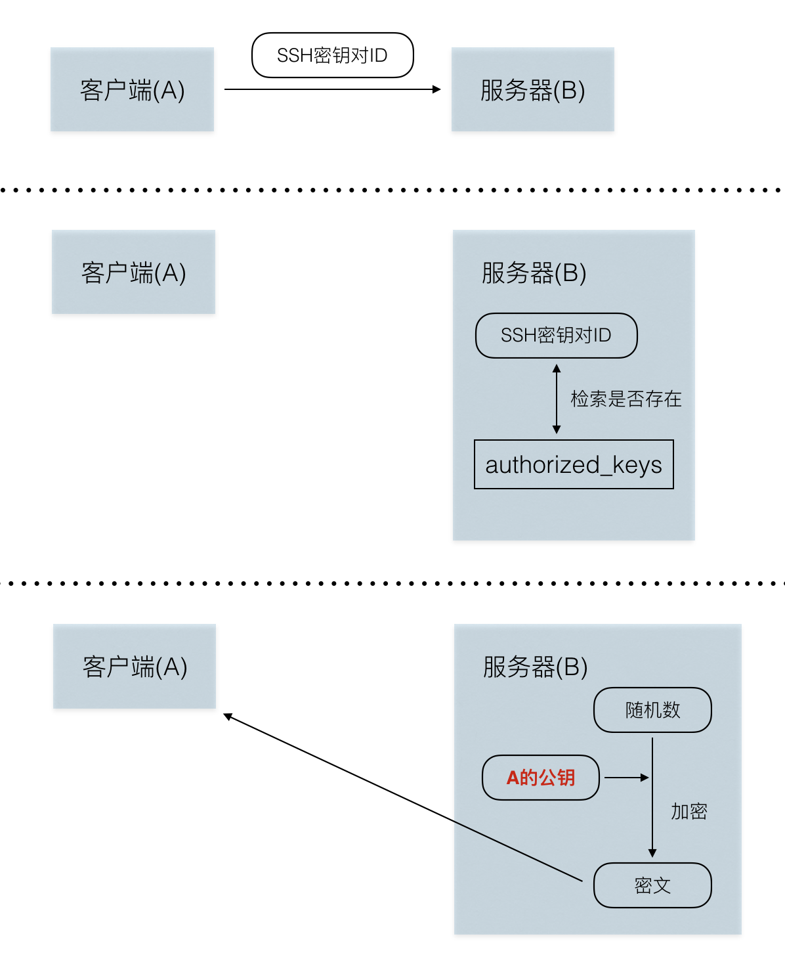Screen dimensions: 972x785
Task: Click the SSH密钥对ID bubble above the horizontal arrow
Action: pyautogui.click(x=332, y=55)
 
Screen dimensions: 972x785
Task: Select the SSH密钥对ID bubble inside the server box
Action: pyautogui.click(x=556, y=336)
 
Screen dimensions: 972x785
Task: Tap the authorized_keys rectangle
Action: pyautogui.click(x=574, y=464)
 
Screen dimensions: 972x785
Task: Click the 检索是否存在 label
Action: pyautogui.click(x=626, y=399)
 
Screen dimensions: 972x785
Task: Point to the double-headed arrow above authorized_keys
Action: pyautogui.click(x=557, y=399)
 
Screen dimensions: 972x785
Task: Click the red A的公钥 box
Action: pyautogui.click(x=541, y=778)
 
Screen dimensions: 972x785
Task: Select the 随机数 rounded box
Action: pyautogui.click(x=652, y=710)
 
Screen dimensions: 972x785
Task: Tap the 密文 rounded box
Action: pyautogui.click(x=652, y=885)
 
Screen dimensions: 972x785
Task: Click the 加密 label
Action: pyautogui.click(x=689, y=812)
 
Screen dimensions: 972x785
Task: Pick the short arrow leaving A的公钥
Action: pyautogui.click(x=626, y=778)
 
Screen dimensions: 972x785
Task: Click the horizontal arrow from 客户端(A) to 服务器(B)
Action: pyautogui.click(x=332, y=89)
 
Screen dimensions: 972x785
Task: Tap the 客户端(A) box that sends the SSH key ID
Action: pyautogui.click(x=132, y=89)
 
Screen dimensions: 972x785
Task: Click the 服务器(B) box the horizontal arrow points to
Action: pyautogui.click(x=532, y=89)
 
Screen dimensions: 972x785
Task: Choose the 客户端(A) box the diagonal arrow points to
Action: pyautogui.click(x=135, y=666)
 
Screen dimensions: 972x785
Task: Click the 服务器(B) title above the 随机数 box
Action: pyautogui.click(x=535, y=667)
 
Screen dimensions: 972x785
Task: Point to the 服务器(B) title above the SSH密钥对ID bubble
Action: pyautogui.click(x=534, y=273)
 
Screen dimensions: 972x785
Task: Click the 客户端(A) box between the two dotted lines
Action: pyautogui.click(x=133, y=272)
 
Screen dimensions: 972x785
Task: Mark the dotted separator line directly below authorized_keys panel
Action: pyautogui.click(x=392, y=583)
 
